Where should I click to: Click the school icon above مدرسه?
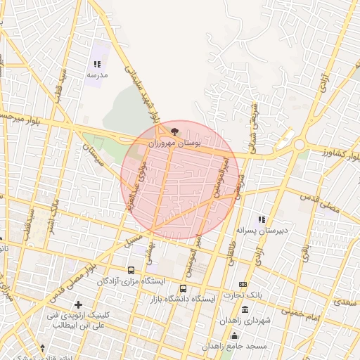(x=97, y=64)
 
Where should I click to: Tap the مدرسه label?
(x=97, y=74)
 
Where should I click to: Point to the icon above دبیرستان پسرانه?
(x=262, y=219)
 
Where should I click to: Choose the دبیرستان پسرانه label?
(x=262, y=230)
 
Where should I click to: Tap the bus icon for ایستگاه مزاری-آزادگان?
(x=131, y=270)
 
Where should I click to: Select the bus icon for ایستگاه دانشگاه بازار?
(x=184, y=288)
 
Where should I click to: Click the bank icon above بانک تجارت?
(x=243, y=284)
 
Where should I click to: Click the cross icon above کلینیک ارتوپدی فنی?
(x=79, y=304)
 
